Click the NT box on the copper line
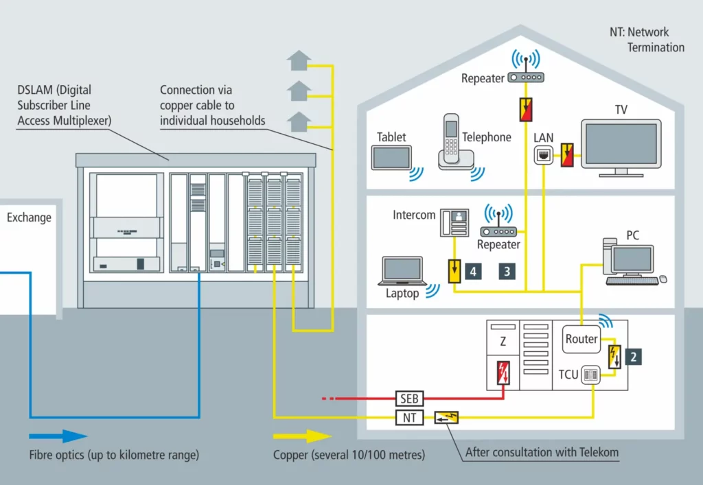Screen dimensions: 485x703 410,418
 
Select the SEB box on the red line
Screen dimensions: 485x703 410,399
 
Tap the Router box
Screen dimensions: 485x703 581,339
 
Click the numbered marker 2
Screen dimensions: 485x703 634,357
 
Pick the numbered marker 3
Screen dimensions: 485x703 507,271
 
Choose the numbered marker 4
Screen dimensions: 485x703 473,271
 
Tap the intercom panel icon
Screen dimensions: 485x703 454,222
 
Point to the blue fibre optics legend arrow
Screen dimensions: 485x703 58,436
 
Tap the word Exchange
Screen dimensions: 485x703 29,218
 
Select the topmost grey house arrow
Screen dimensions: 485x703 299,61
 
